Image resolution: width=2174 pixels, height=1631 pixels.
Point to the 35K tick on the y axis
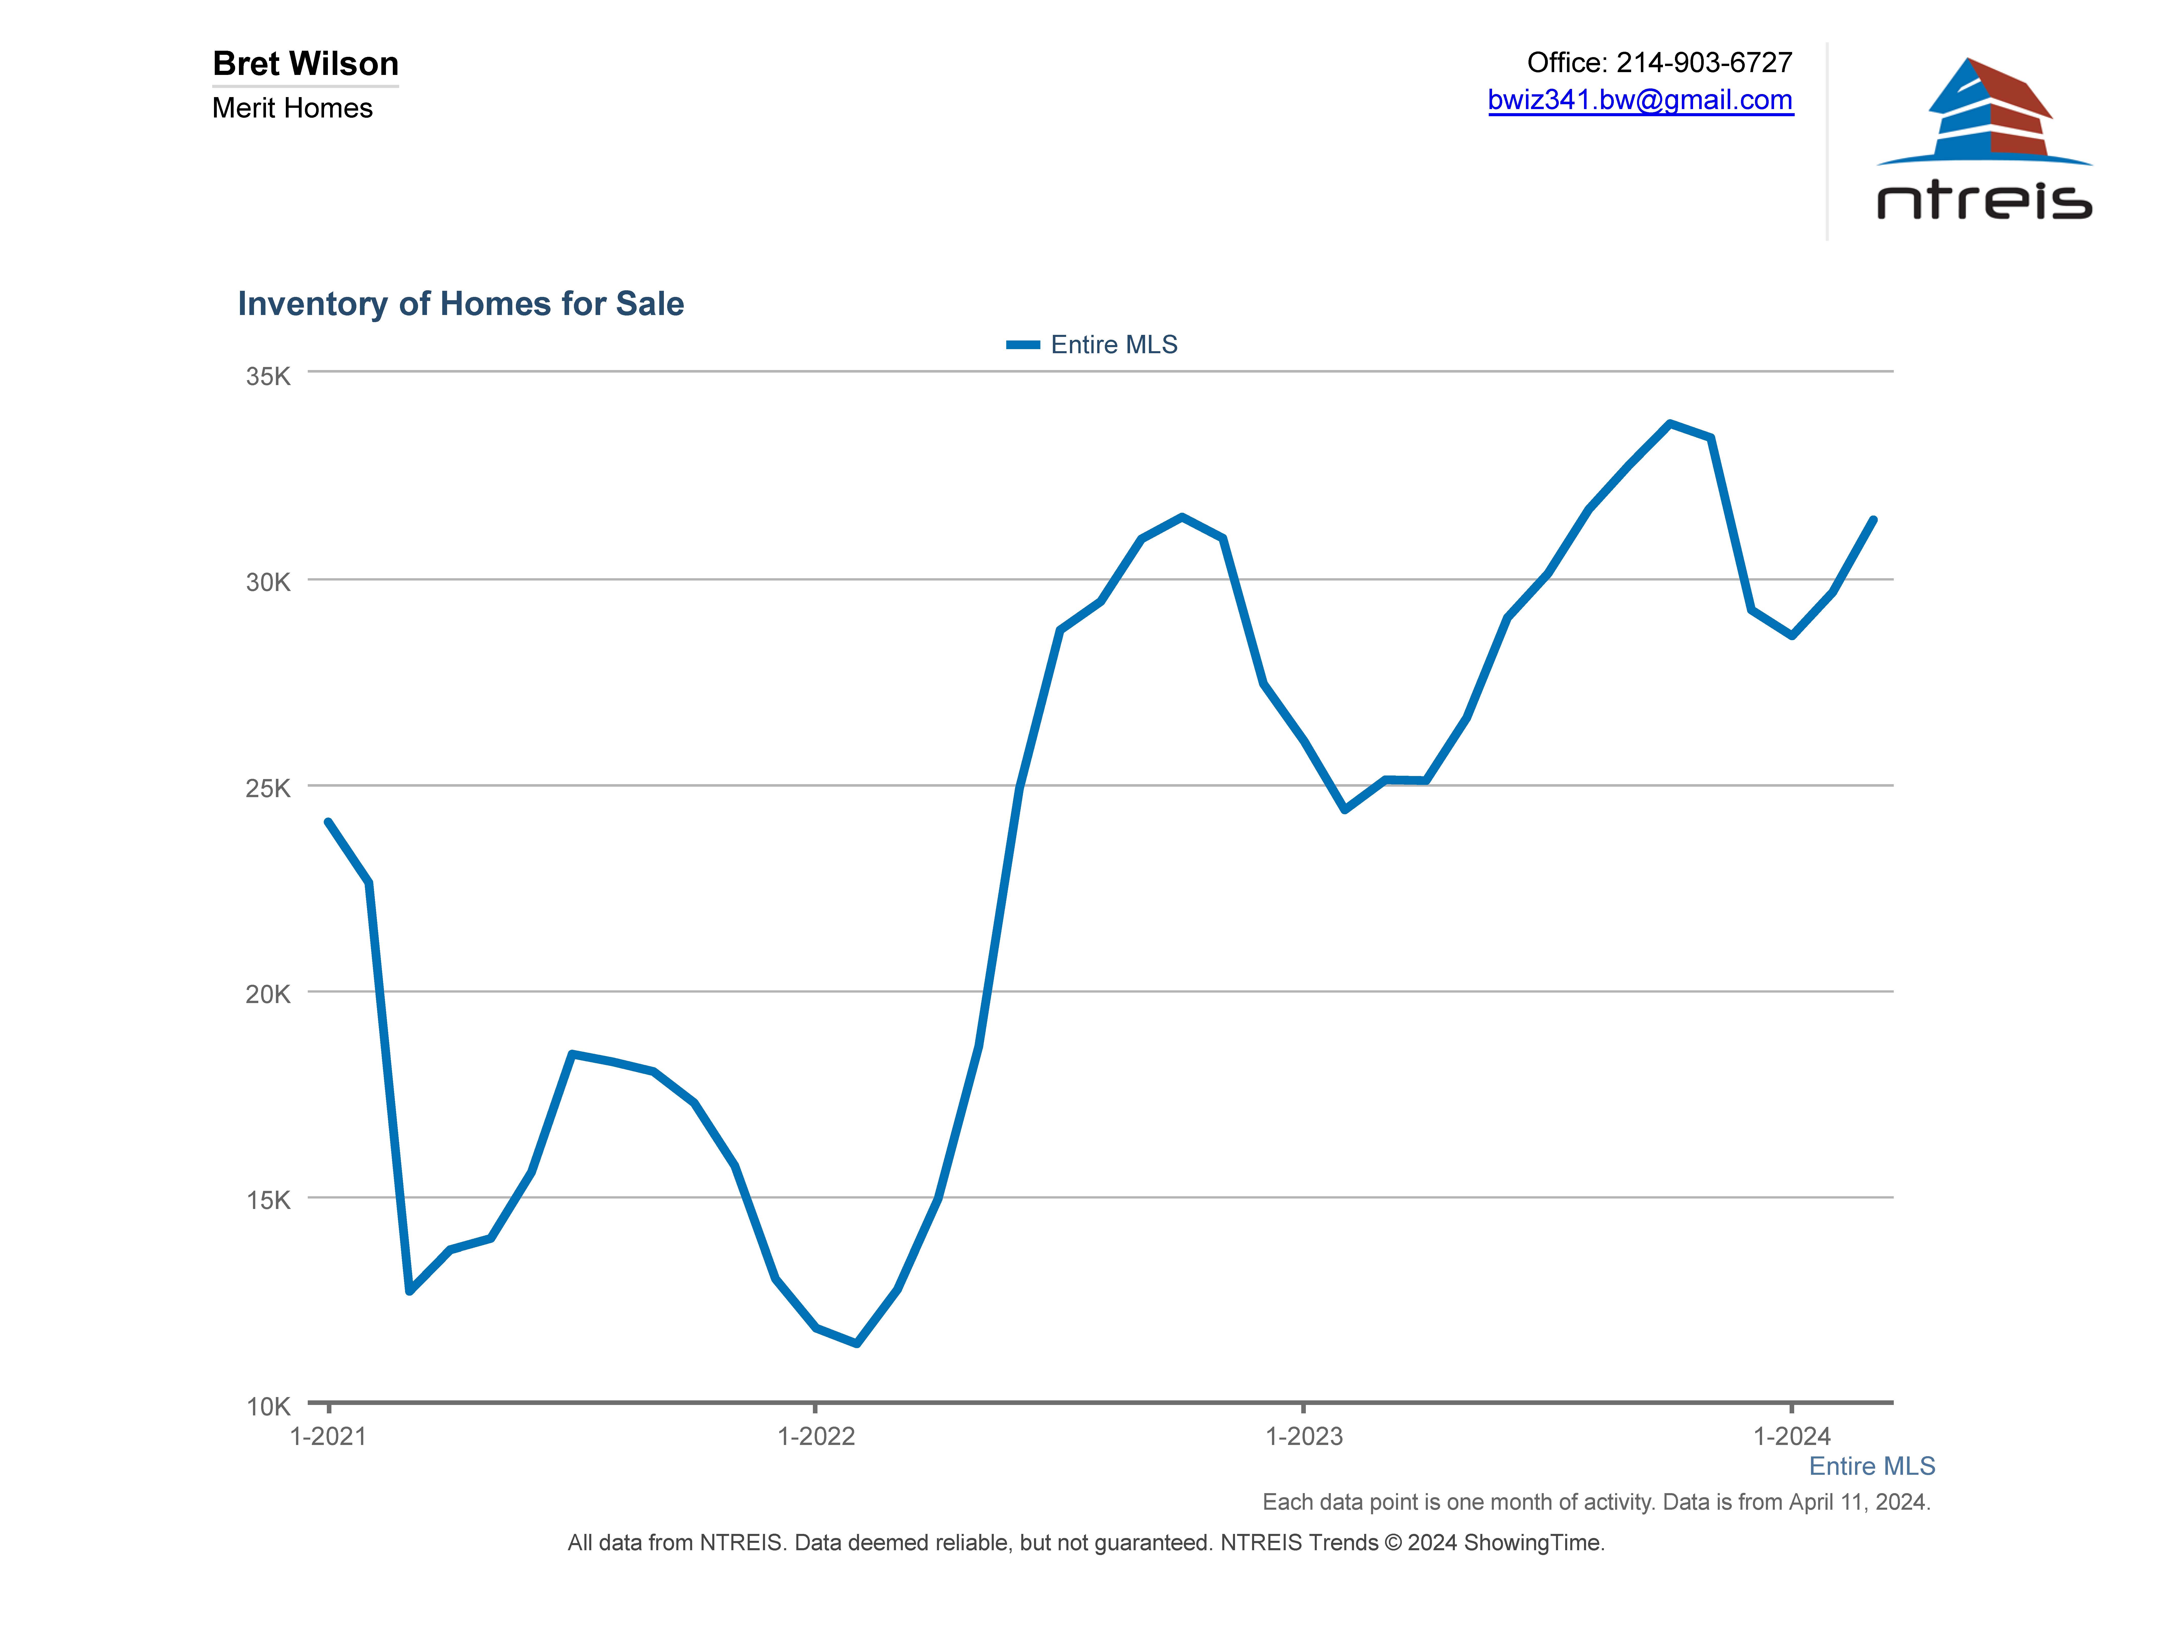click(268, 377)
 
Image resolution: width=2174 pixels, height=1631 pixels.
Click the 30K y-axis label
click(268, 582)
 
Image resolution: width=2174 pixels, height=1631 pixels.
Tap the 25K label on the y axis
click(268, 788)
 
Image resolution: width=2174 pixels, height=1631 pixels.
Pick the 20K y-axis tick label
click(268, 994)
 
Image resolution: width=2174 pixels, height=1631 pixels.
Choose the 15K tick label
click(268, 1200)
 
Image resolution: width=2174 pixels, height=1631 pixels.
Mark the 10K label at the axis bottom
click(268, 1407)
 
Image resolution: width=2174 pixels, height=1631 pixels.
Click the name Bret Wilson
click(306, 64)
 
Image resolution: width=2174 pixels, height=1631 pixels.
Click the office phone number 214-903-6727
click(1704, 63)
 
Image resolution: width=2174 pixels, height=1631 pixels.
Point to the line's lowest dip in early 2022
click(857, 1343)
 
